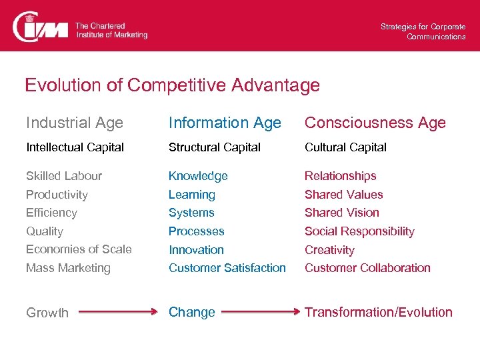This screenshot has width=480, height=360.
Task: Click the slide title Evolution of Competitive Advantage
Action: pyautogui.click(x=172, y=85)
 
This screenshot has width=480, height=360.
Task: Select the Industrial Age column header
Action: pyautogui.click(x=75, y=123)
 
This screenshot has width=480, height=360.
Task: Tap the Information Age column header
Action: pyautogui.click(x=225, y=123)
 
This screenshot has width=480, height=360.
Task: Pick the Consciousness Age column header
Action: pyautogui.click(x=375, y=123)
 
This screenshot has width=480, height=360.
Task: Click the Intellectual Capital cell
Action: pyautogui.click(x=75, y=147)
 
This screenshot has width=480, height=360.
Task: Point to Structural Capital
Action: pyautogui.click(x=214, y=147)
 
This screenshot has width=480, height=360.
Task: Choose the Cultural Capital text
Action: pyautogui.click(x=345, y=147)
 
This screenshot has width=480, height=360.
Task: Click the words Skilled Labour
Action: pyautogui.click(x=64, y=176)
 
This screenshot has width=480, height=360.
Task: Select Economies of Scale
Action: pyautogui.click(x=79, y=249)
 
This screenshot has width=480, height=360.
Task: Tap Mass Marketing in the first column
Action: pyautogui.click(x=68, y=268)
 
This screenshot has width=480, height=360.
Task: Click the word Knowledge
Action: pyautogui.click(x=198, y=176)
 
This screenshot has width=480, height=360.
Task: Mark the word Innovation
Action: pyautogui.click(x=196, y=250)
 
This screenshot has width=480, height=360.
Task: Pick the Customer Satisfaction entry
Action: pyautogui.click(x=227, y=268)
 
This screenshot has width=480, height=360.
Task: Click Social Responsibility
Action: pyautogui.click(x=359, y=231)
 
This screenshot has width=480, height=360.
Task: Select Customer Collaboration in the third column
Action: pyautogui.click(x=367, y=268)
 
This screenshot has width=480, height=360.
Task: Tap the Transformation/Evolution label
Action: pyautogui.click(x=378, y=312)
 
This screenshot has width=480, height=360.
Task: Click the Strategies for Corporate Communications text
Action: pyautogui.click(x=423, y=31)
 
